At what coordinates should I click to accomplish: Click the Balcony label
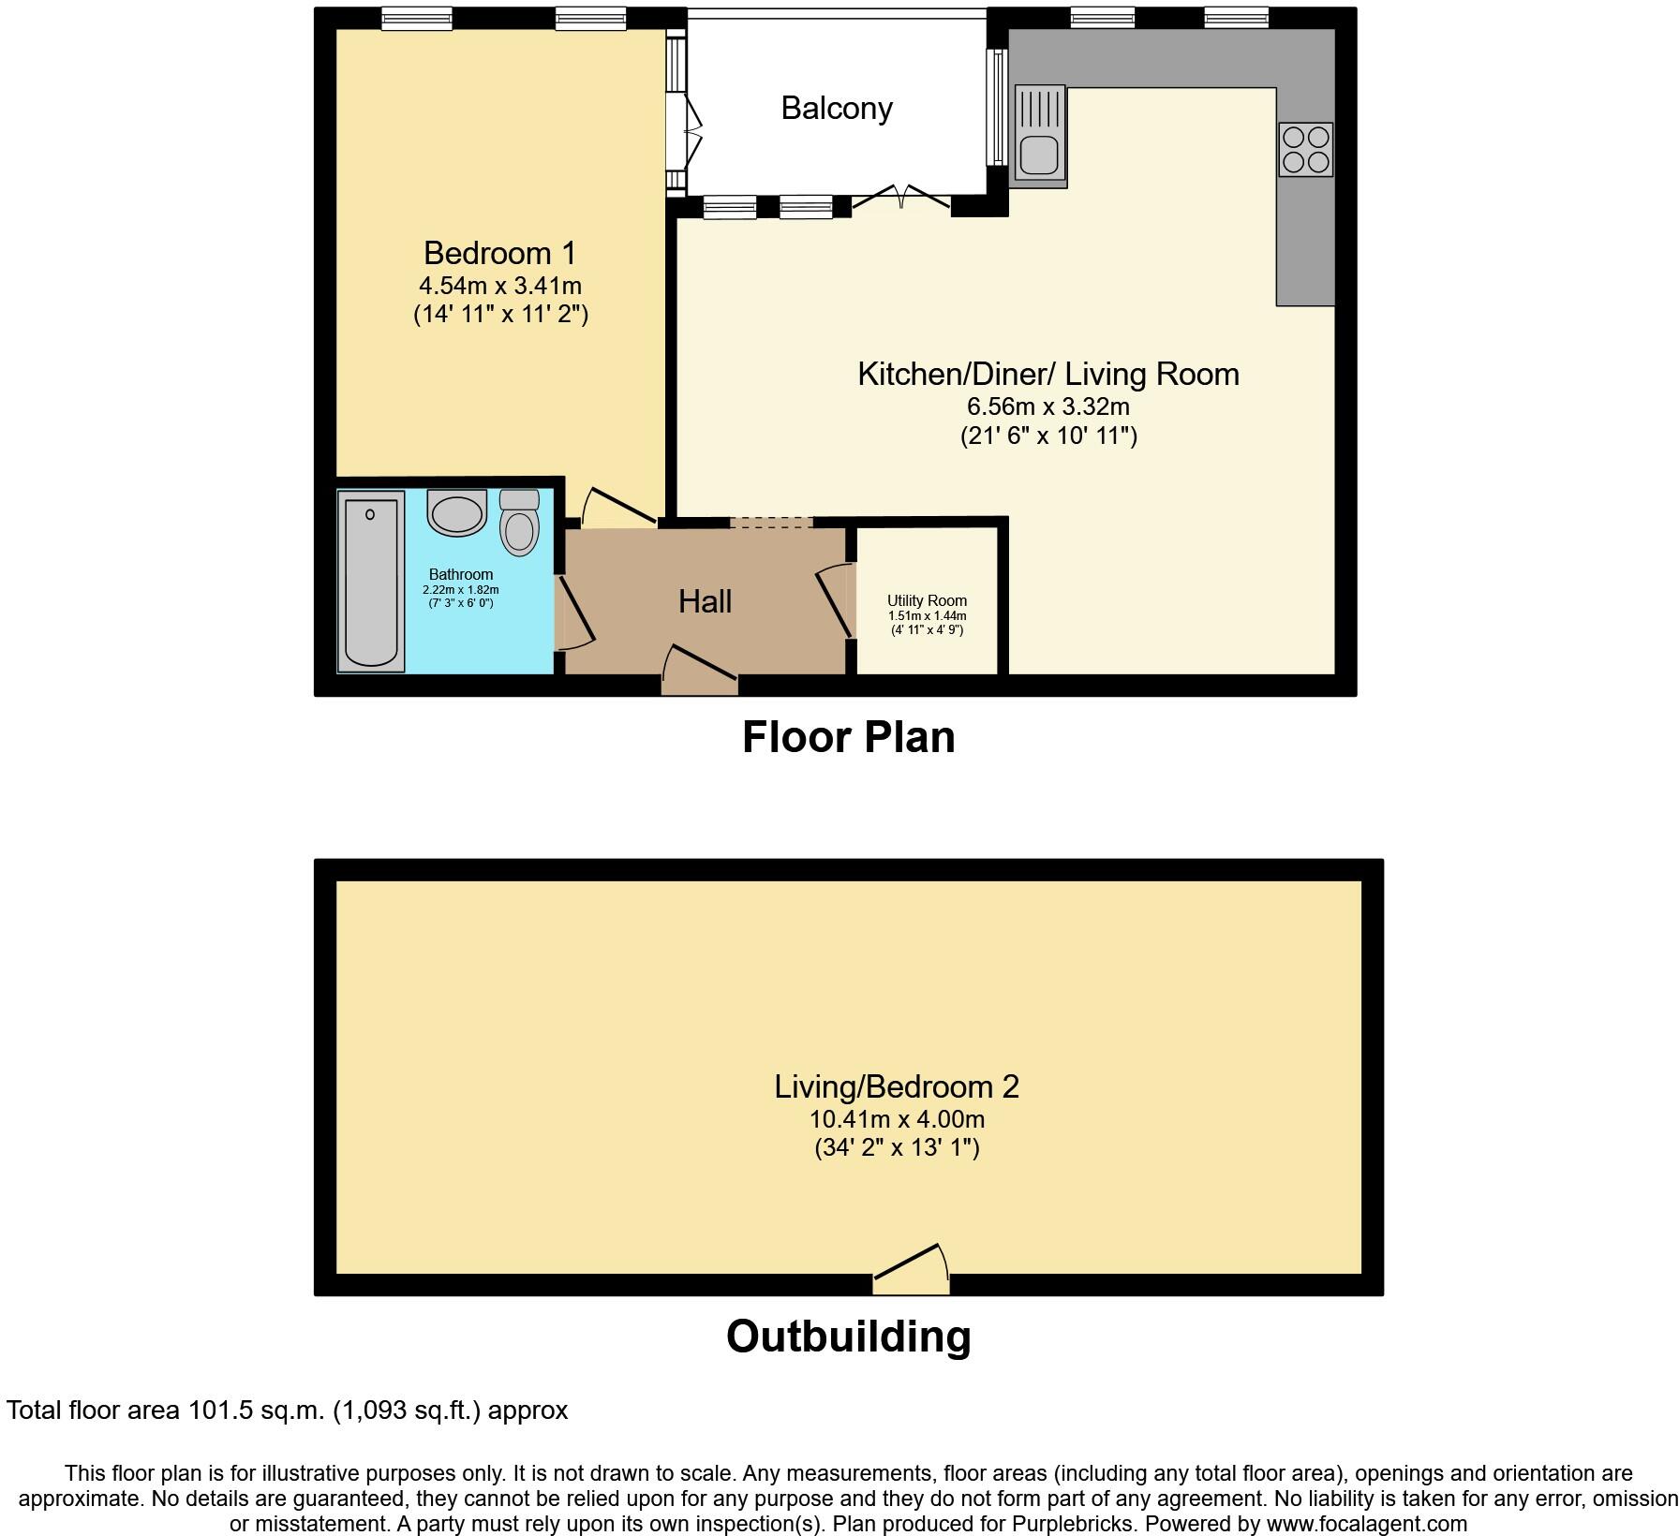pos(836,109)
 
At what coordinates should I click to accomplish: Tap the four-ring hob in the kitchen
pos(1305,150)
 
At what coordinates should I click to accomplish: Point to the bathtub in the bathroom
pos(371,580)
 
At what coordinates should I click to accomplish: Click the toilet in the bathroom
pos(519,523)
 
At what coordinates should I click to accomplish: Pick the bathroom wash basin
pos(457,512)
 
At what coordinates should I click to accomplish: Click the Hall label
pos(705,601)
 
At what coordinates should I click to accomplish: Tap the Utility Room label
pos(927,600)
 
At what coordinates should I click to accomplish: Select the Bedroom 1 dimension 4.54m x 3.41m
pos(500,286)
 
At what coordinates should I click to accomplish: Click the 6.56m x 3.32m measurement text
pos(1048,407)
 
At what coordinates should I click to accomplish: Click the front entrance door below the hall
pos(700,671)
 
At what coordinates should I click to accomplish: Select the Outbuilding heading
pos(848,1337)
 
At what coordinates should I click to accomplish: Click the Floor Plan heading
pos(848,737)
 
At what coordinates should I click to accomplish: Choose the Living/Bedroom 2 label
pos(896,1086)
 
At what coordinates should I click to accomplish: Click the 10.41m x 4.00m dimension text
pos(896,1119)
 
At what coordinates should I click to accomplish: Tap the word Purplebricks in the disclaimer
pos(1074,1524)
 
